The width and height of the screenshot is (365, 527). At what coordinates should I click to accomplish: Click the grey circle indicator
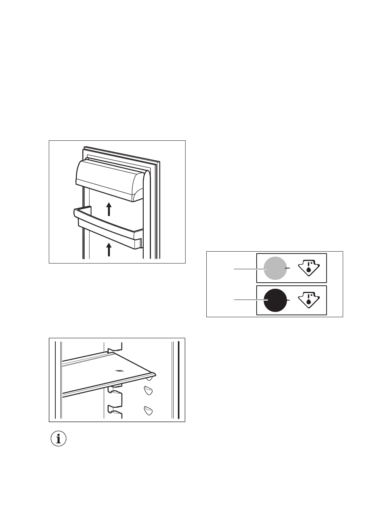(275, 268)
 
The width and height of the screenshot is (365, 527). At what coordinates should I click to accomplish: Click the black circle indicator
(275, 300)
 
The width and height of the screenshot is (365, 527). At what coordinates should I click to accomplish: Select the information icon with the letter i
(58, 438)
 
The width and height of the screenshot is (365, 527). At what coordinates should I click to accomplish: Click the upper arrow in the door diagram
(109, 209)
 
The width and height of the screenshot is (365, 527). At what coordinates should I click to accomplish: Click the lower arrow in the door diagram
(109, 249)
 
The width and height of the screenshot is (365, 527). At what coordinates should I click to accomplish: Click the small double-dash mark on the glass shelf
(119, 371)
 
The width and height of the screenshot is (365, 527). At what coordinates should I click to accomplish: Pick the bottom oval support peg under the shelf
(149, 410)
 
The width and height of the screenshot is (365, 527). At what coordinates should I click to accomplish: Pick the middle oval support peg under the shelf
(149, 391)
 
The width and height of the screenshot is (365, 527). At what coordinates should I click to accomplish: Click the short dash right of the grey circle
(289, 267)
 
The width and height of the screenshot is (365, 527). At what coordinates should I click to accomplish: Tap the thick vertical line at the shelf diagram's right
(178, 380)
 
